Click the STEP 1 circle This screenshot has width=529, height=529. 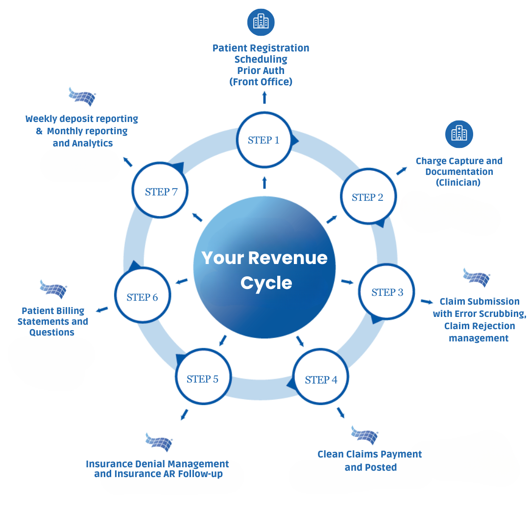coord(264,141)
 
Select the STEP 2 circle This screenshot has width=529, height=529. coord(368,197)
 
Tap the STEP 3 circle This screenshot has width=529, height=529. coord(387,292)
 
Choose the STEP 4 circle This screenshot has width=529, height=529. coord(321,380)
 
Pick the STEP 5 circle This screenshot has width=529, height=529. coord(203,379)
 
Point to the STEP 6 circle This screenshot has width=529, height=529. coord(142,297)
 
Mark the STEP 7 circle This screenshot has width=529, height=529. coord(161,192)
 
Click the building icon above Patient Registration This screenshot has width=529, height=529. coord(261,22)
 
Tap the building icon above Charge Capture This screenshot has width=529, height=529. coord(459,134)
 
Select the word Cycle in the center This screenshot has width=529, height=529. coord(266,283)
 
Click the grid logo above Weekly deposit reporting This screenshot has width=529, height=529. coord(82,96)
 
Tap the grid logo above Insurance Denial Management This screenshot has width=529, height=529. coord(159,442)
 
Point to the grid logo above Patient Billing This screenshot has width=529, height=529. coord(53,289)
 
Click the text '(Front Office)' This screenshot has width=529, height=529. coord(261,82)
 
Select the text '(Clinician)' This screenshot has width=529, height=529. coord(458,183)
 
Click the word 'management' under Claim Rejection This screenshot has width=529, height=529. coord(479,338)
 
